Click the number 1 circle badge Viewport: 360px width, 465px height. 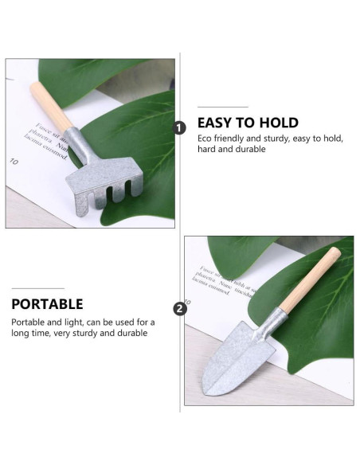click(x=180, y=127)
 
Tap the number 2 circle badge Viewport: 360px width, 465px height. click(x=180, y=309)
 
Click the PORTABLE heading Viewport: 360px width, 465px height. click(x=47, y=303)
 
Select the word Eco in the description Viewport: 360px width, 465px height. click(x=205, y=139)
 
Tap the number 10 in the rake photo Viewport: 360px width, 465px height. click(x=14, y=162)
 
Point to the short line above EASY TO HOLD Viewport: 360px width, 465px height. click(x=222, y=107)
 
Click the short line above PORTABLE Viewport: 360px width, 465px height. click(x=37, y=288)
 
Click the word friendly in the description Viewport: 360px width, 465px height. click(x=234, y=139)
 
